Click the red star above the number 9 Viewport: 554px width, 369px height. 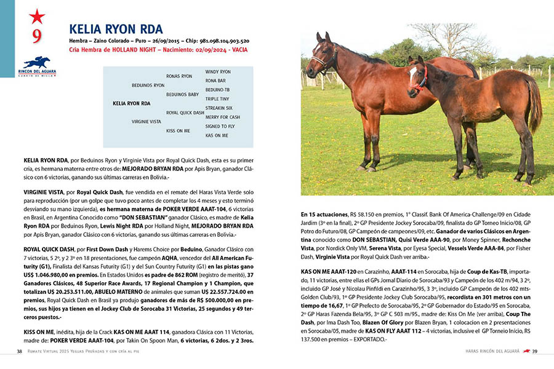click(37, 16)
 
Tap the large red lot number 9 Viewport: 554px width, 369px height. click(37, 36)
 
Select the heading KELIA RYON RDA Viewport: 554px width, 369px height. click(116, 29)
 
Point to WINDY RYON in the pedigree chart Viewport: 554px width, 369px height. click(218, 72)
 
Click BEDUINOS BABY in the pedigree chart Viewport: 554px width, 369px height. click(182, 94)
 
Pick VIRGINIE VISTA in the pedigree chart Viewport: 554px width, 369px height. click(147, 122)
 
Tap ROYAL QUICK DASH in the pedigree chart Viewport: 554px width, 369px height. click(185, 113)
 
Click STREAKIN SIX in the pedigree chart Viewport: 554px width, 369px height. click(219, 108)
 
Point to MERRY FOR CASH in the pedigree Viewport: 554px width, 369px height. click(223, 117)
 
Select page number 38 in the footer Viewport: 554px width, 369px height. click(20, 352)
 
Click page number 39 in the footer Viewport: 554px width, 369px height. click(535, 352)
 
